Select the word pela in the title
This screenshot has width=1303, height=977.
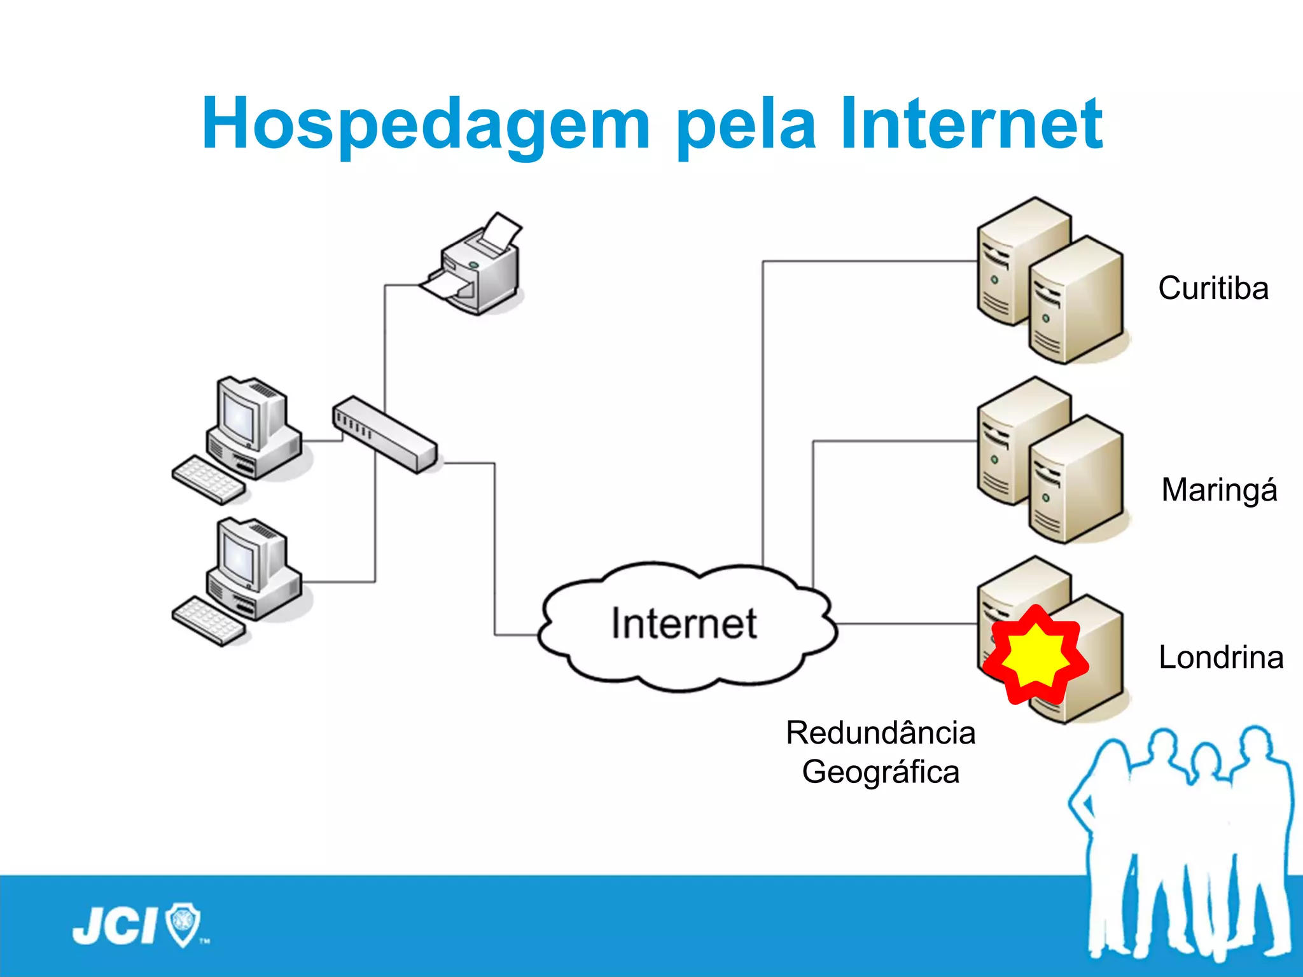[746, 124]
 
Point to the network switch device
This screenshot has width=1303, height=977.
[385, 434]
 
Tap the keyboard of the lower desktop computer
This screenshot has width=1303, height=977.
[209, 621]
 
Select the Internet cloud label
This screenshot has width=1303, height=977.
[684, 623]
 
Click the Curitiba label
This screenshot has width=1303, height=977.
[1213, 288]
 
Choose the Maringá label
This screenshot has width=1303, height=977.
[1219, 490]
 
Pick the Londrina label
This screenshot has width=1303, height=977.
[1220, 657]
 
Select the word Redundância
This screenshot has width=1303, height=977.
[881, 733]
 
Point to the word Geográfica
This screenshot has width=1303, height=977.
[881, 772]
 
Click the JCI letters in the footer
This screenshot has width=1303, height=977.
[115, 926]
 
